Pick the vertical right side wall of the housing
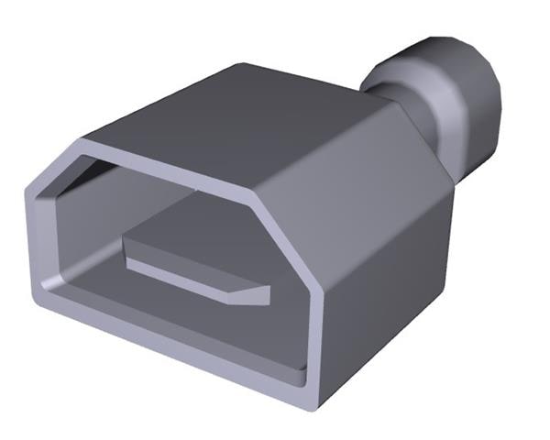pyautogui.click(x=394, y=293)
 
